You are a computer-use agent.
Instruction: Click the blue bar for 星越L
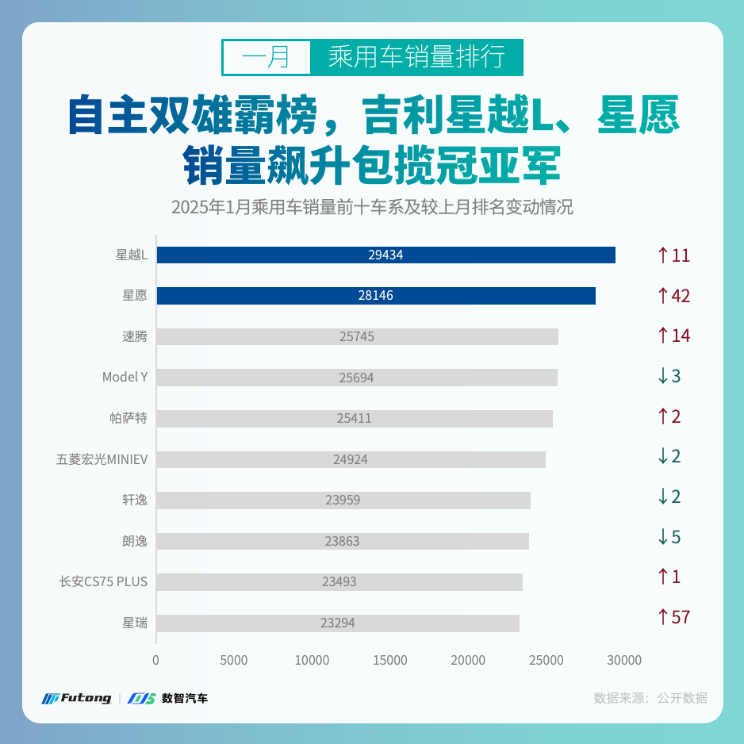click(x=385, y=255)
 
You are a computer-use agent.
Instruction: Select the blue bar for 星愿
click(x=376, y=296)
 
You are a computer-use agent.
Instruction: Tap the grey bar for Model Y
click(x=357, y=378)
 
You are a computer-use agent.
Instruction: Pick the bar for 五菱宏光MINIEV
click(x=351, y=459)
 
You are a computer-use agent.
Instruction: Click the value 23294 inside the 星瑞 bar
click(x=338, y=623)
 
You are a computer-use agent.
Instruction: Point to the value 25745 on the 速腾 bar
click(x=356, y=336)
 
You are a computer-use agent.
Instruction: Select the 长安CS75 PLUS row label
click(x=103, y=581)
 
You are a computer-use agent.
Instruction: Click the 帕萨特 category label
click(x=128, y=418)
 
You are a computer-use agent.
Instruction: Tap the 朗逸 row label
click(x=134, y=541)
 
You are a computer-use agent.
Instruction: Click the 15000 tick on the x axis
click(x=390, y=660)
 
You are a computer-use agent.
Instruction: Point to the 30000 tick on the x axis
click(x=624, y=660)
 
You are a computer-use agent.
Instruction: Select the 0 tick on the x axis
click(x=156, y=660)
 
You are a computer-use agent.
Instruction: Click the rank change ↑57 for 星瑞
click(x=673, y=616)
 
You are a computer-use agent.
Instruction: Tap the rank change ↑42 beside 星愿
click(x=673, y=296)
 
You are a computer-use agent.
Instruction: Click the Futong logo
click(x=77, y=699)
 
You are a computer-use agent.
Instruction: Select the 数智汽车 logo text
click(x=184, y=699)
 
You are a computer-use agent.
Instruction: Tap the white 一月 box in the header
click(x=266, y=57)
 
